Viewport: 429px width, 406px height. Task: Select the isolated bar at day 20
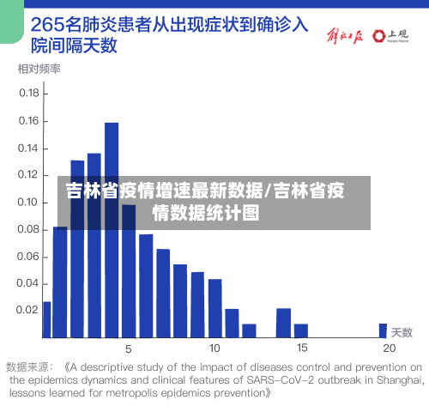coord(383,330)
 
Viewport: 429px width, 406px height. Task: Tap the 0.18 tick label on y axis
coord(29,93)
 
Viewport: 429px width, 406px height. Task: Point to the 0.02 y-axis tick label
coord(29,310)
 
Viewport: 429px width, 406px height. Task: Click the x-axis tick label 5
coord(129,348)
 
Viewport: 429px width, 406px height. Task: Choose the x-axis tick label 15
coord(302,348)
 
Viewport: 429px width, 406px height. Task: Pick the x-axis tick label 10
coord(214,348)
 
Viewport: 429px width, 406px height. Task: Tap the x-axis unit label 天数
coord(402,331)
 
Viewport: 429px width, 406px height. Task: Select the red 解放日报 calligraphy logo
coord(344,36)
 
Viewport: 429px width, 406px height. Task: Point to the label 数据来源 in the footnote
coord(31,364)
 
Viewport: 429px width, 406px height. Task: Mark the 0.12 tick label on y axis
coord(29,174)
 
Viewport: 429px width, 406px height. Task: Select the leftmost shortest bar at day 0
coord(46,319)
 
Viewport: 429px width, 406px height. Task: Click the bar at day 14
coord(283,323)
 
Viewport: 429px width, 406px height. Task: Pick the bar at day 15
coord(301,330)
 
